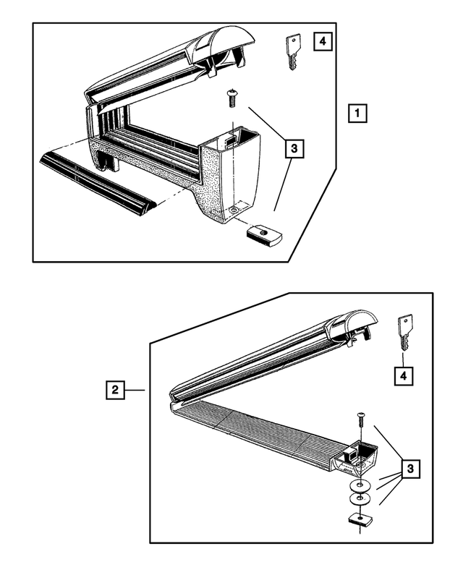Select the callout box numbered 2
click(x=114, y=390)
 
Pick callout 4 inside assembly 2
click(x=404, y=375)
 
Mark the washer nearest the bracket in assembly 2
click(x=360, y=486)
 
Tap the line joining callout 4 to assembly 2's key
click(x=404, y=359)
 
